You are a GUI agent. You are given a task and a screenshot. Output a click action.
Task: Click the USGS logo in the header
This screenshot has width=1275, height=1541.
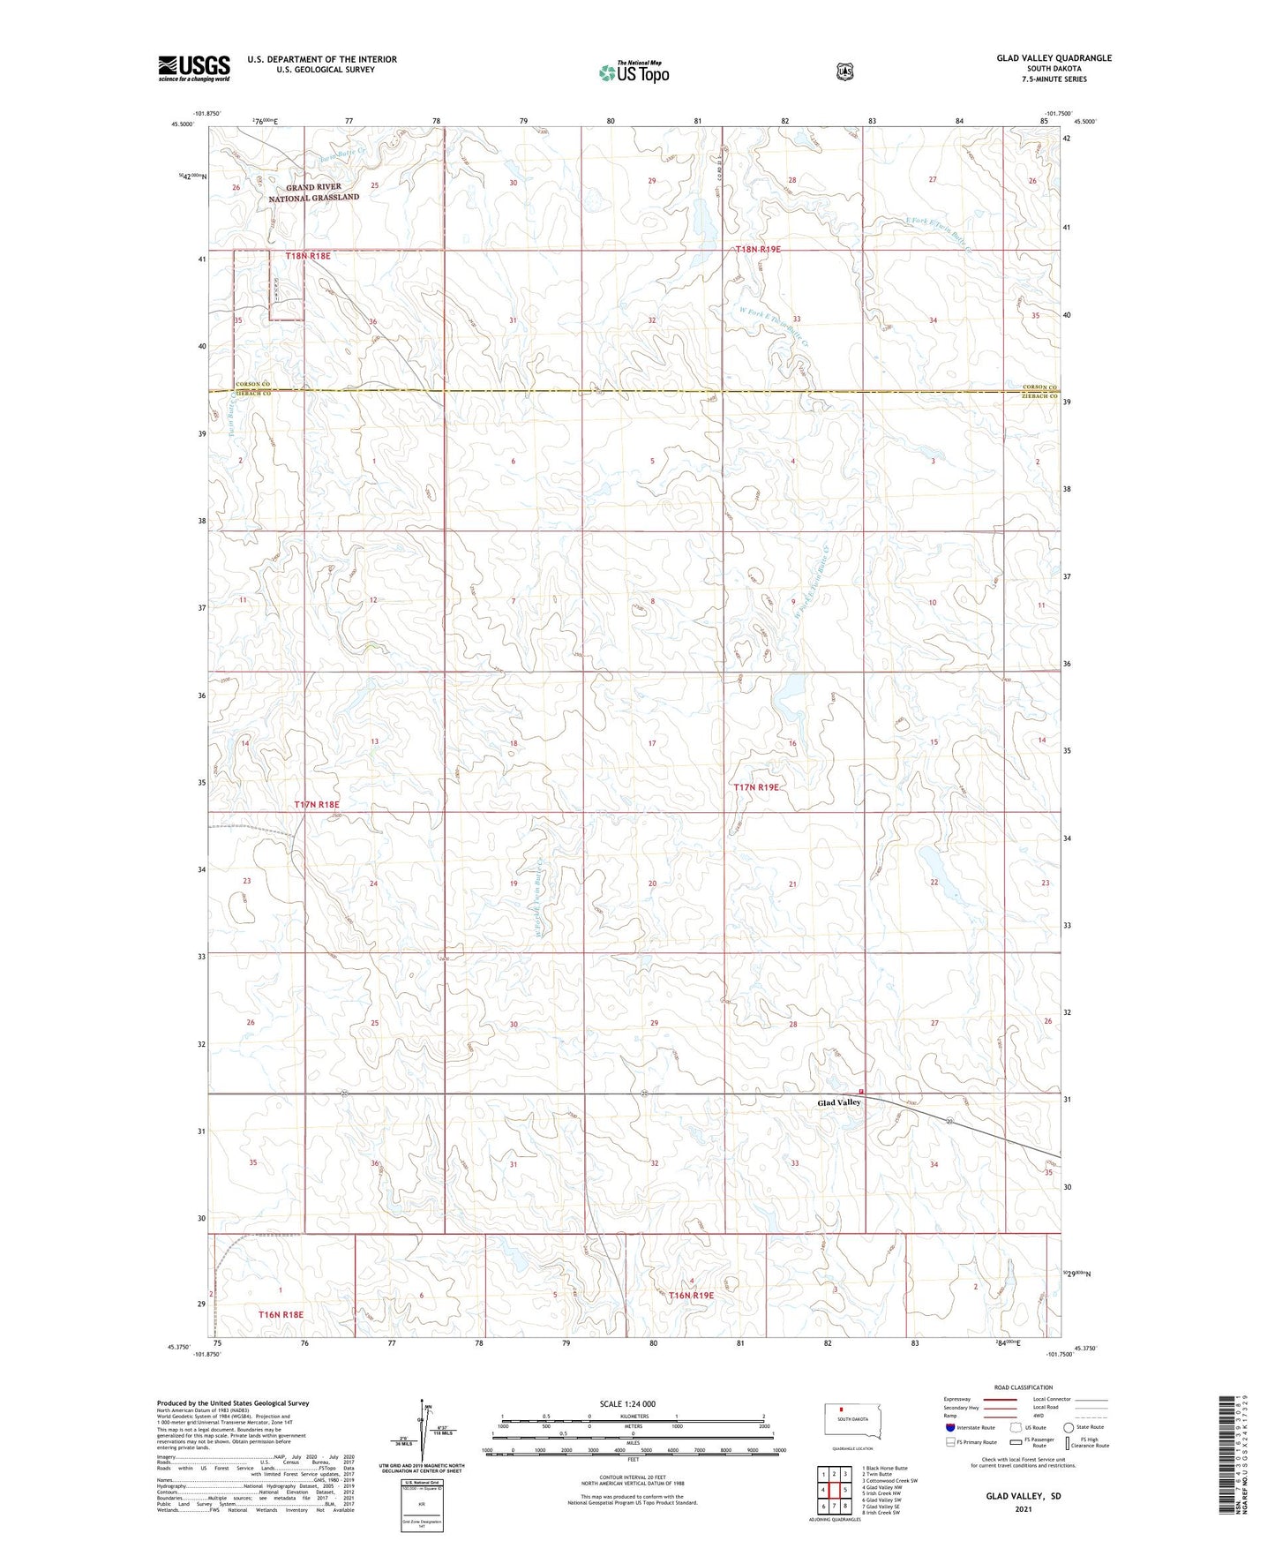point(194,68)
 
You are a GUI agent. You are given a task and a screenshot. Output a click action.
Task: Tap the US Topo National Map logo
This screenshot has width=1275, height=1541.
point(633,72)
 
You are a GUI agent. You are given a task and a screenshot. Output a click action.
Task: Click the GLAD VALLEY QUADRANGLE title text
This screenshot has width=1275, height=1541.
point(1054,58)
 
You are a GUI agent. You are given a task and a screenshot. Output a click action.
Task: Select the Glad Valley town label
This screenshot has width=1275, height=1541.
point(838,1102)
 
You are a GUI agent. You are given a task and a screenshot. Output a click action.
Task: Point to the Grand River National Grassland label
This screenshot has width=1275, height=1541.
point(314,192)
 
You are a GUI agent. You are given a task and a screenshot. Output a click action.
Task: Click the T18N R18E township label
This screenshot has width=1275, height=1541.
point(308,256)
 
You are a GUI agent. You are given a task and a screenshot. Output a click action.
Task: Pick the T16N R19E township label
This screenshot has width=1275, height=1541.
point(692,1296)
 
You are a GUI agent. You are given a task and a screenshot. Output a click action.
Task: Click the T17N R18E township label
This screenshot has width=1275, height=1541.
point(316,805)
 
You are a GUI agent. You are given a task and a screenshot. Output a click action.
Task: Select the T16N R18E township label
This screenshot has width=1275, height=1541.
point(281,1314)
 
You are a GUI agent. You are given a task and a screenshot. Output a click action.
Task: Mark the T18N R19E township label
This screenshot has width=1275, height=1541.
point(758,250)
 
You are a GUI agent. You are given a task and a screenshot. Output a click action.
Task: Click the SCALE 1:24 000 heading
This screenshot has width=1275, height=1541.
point(627,1403)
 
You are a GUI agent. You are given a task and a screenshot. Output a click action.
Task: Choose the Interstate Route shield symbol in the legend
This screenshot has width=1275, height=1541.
point(949,1427)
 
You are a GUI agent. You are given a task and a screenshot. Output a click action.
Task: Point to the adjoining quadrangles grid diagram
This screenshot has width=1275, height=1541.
point(834,1490)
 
